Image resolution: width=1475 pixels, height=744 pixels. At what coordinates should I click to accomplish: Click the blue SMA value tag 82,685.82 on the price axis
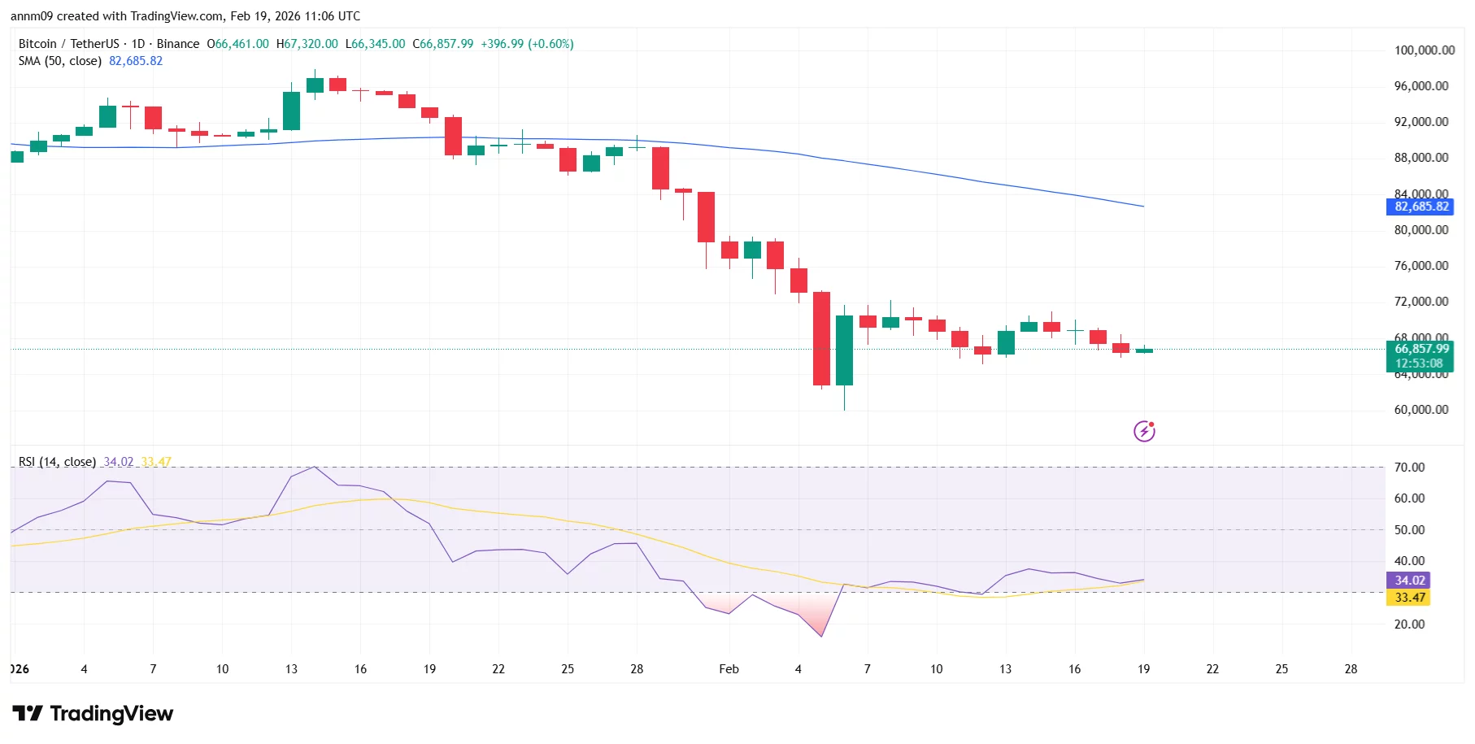pos(1421,207)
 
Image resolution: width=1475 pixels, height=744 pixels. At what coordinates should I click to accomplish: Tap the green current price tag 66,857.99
pos(1421,349)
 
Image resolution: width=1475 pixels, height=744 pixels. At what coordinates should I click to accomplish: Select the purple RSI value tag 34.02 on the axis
pos(1409,581)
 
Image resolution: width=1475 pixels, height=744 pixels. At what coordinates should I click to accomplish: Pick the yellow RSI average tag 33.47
pos(1409,598)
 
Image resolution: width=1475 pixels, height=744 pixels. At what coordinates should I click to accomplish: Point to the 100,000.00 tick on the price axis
pos(1424,50)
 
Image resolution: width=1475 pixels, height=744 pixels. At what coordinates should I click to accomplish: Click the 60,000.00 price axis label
pos(1421,410)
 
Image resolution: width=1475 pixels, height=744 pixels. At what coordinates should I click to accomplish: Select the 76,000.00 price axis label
pos(1421,266)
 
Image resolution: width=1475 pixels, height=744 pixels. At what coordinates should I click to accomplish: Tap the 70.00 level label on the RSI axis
pos(1409,468)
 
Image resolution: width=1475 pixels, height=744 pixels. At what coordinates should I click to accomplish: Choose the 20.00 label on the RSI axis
pos(1409,624)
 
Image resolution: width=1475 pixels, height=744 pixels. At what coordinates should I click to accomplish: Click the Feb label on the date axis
pos(729,669)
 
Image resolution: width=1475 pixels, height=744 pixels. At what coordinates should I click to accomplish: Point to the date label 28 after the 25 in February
pos(1351,669)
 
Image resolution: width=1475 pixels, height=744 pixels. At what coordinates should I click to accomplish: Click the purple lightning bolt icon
pos(1144,431)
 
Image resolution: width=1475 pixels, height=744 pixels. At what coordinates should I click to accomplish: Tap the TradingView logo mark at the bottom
pos(28,714)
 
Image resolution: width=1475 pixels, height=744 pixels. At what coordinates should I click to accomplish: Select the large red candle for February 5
pos(821,338)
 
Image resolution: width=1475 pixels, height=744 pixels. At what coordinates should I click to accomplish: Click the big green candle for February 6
pos(845,350)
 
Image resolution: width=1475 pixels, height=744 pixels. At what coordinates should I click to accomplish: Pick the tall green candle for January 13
pos(291,111)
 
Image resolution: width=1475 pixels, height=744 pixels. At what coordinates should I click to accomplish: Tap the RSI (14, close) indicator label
pos(57,462)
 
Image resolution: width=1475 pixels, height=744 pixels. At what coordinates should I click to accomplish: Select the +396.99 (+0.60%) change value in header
pos(527,44)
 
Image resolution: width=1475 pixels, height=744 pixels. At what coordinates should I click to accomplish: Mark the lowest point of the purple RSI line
pos(822,636)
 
